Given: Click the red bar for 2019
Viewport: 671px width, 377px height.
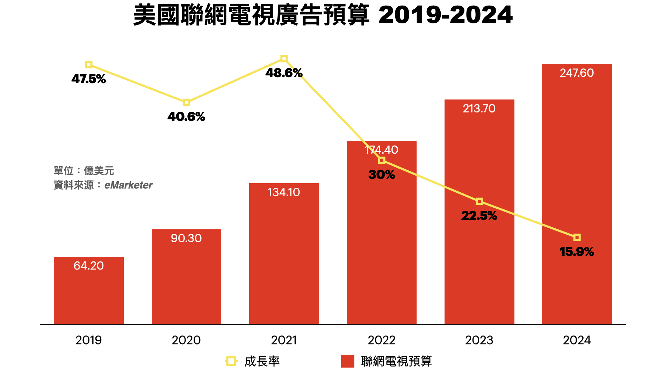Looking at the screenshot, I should (x=88, y=293).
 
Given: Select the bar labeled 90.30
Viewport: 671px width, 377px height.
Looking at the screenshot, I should (x=186, y=279).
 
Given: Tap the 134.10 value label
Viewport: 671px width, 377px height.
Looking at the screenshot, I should (x=284, y=192).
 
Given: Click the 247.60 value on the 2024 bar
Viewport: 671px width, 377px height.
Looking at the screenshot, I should (x=577, y=73).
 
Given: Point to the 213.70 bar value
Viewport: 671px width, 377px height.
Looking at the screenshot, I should (x=479, y=109).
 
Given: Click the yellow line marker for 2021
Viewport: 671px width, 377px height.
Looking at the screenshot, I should (x=284, y=59).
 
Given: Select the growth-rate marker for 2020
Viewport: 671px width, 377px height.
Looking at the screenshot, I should (x=186, y=102).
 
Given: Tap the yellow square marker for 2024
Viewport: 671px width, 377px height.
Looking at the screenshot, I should (x=577, y=237).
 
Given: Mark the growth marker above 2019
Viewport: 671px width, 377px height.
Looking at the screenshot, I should (x=89, y=65).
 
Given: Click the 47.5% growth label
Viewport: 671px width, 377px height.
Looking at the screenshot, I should (x=88, y=79).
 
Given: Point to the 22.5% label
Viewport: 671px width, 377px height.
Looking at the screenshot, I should (x=479, y=216).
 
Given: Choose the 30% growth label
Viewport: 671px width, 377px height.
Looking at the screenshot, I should (x=382, y=175).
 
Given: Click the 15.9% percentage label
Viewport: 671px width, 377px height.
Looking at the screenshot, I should (x=577, y=252).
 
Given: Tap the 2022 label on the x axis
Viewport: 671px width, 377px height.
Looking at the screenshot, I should (x=382, y=340).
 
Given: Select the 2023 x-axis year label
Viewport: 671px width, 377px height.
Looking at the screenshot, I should (x=479, y=340).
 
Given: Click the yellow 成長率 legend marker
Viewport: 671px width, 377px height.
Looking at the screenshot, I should (x=231, y=361).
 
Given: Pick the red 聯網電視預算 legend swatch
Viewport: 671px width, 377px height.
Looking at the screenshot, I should (x=347, y=361).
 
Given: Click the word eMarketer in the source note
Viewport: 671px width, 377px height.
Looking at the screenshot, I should (x=129, y=185).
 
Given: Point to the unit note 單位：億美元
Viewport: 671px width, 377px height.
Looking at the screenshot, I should (x=84, y=171).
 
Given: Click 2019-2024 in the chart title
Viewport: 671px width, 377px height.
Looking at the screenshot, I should (x=445, y=15).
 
